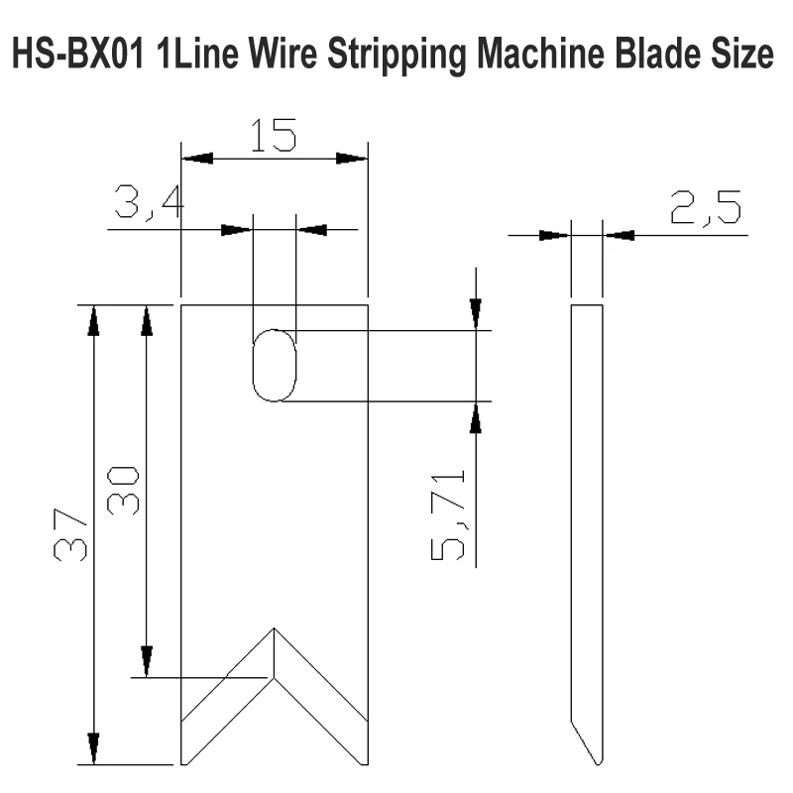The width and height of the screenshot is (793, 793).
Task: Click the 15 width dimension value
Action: click(x=274, y=136)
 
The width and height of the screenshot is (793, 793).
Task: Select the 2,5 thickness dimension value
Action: click(x=706, y=207)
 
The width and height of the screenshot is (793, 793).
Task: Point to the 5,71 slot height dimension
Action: click(x=448, y=514)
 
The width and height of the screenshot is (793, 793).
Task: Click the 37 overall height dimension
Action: click(x=69, y=535)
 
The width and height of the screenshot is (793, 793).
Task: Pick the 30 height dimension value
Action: click(x=123, y=491)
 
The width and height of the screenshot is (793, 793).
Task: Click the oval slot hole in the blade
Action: click(x=275, y=330)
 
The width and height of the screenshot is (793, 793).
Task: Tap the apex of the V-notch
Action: click(x=275, y=628)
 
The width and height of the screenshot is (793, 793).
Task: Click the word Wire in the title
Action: click(x=282, y=54)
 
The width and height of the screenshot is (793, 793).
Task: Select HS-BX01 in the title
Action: click(x=78, y=54)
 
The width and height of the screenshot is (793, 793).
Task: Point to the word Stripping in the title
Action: click(x=397, y=56)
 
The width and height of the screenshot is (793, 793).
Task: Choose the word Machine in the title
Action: click(x=540, y=54)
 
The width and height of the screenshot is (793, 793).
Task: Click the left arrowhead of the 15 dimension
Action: click(x=197, y=159)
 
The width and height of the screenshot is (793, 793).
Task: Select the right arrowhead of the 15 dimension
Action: click(x=352, y=159)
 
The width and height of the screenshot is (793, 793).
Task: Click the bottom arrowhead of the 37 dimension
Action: click(x=93, y=748)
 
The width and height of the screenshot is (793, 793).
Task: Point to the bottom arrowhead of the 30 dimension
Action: click(x=147, y=661)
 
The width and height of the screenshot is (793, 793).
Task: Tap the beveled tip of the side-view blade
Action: click(x=598, y=762)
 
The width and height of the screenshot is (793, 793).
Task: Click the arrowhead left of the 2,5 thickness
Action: click(x=555, y=235)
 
